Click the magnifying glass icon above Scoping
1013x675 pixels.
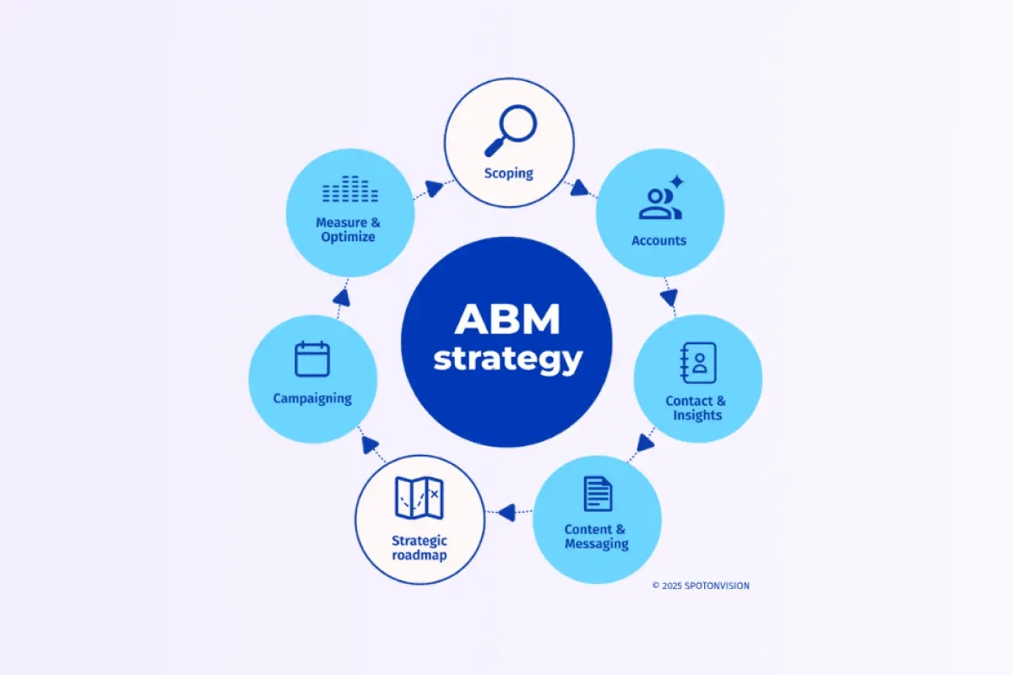(x=511, y=129)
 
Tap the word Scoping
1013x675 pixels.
(x=508, y=174)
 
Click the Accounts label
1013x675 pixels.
(x=658, y=240)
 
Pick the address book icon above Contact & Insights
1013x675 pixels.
(x=698, y=364)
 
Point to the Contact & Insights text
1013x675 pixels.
(x=696, y=408)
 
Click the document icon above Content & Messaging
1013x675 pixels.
(x=598, y=494)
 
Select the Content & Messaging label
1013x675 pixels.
(x=596, y=537)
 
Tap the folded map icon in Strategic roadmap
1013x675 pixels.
(x=419, y=498)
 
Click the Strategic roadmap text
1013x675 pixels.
(x=419, y=548)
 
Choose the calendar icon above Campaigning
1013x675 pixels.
(x=312, y=359)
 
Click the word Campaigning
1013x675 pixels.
(x=312, y=398)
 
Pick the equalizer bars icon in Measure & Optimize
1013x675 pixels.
(x=350, y=190)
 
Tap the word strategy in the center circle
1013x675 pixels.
(x=507, y=359)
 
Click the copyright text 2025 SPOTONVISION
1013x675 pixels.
(x=700, y=585)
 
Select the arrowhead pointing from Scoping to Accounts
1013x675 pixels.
(x=579, y=189)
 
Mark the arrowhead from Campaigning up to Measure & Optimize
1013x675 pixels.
(x=341, y=296)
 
